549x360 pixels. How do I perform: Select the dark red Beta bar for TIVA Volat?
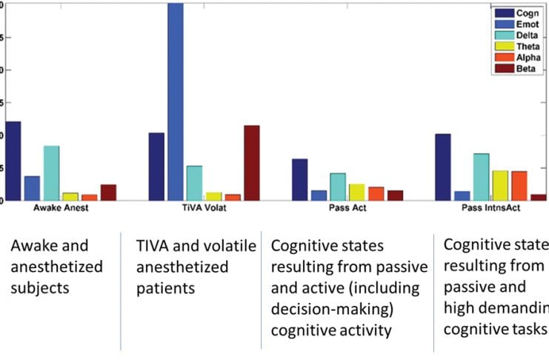pyautogui.click(x=252, y=163)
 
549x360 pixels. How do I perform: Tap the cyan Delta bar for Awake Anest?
pyautogui.click(x=51, y=173)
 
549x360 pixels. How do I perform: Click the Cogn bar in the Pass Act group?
pyautogui.click(x=299, y=179)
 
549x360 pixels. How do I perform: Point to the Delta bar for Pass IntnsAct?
pyautogui.click(x=481, y=177)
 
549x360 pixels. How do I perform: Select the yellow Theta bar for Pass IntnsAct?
pyautogui.click(x=500, y=185)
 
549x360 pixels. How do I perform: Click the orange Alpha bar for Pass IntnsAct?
pyautogui.click(x=519, y=185)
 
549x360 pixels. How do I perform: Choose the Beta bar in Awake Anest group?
pyautogui.click(x=108, y=193)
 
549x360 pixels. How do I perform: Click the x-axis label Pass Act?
pyautogui.click(x=347, y=208)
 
